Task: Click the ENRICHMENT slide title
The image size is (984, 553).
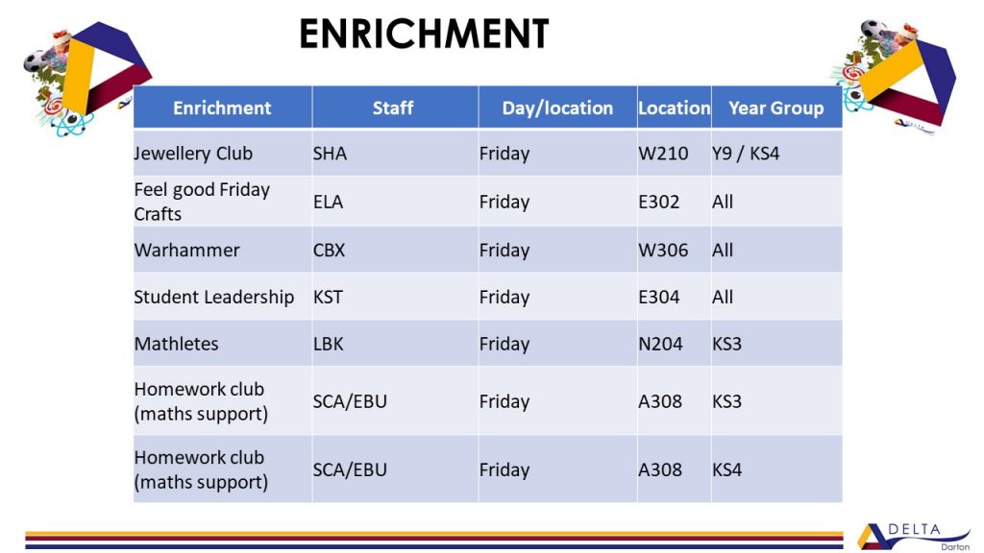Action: pos(424,34)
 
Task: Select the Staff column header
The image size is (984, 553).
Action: pos(393,108)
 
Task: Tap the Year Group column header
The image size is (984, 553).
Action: pos(776,108)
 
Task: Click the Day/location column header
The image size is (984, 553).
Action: pos(557,108)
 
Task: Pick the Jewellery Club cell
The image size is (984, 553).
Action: pos(193,154)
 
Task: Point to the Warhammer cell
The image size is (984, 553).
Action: pos(187,251)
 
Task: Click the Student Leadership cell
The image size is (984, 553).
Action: pos(214,298)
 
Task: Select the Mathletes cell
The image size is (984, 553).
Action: pos(177,344)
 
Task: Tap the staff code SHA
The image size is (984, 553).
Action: pos(331,154)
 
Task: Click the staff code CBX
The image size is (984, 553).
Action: pos(330,251)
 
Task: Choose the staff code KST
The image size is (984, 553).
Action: pos(329,297)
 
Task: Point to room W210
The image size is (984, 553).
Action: pos(663,154)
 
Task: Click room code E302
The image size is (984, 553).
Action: pos(659,202)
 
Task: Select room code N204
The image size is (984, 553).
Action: pos(660,344)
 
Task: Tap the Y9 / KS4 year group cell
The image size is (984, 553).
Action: pos(746,154)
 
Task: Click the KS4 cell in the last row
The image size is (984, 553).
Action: pos(726,469)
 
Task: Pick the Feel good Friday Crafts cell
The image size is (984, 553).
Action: pos(202,202)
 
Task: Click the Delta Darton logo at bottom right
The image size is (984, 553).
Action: pos(914,537)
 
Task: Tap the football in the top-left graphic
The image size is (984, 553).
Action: pos(36,60)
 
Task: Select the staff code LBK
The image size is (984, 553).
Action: pos(329,344)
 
